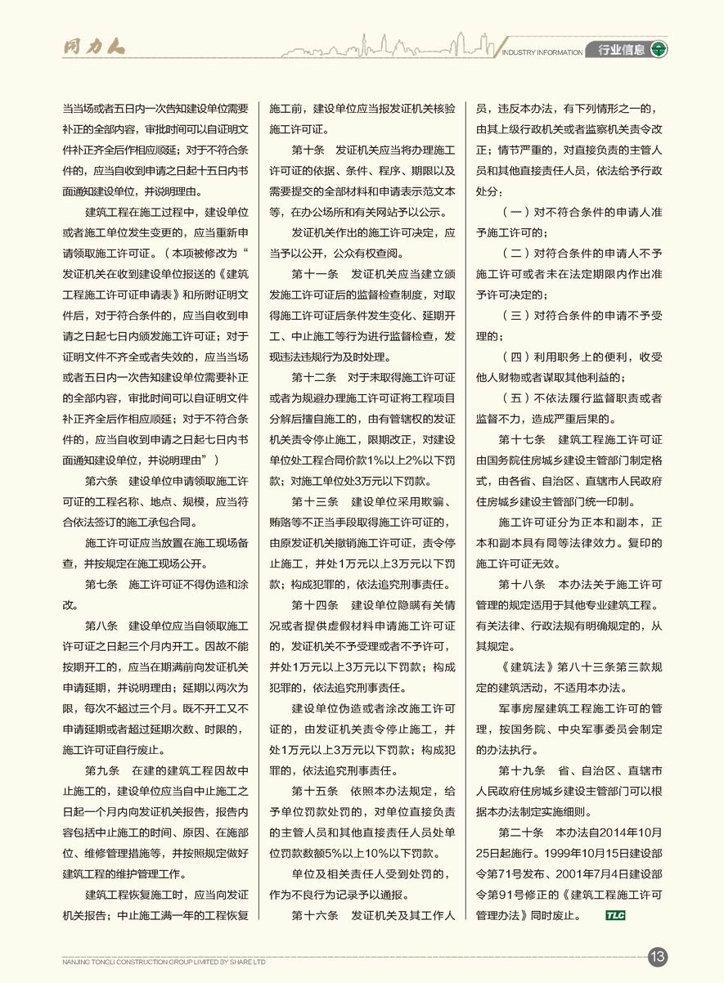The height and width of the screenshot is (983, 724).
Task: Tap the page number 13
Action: pyautogui.click(x=658, y=956)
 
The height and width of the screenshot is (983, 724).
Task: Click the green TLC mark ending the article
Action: pyautogui.click(x=615, y=915)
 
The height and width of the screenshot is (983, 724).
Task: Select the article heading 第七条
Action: pyautogui.click(x=102, y=585)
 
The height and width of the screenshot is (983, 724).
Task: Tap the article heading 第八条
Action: pyautogui.click(x=102, y=626)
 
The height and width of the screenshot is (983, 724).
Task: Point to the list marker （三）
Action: pyautogui.click(x=516, y=315)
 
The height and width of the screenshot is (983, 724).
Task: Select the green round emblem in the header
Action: pyautogui.click(x=659, y=50)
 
